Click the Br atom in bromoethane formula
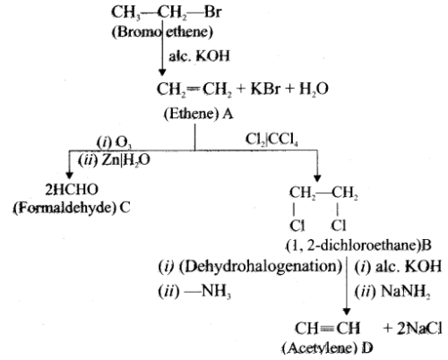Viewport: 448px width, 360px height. [212, 13]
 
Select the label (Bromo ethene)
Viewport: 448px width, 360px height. [162, 32]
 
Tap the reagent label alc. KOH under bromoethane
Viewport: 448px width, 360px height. [199, 56]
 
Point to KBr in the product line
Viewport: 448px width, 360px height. [265, 89]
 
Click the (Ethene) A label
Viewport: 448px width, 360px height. [198, 114]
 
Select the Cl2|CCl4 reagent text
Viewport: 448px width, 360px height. [271, 139]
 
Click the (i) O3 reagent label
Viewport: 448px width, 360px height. [114, 142]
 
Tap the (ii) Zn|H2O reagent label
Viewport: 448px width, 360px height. [114, 160]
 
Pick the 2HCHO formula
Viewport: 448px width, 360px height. [72, 190]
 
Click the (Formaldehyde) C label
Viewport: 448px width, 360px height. [72, 208]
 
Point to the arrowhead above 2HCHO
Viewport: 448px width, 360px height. [69, 176]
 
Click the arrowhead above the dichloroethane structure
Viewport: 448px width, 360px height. [317, 178]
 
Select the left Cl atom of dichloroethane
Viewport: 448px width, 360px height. [297, 226]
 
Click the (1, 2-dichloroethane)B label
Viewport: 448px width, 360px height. [358, 245]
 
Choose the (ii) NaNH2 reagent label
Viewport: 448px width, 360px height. [392, 291]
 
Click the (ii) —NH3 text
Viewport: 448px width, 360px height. [194, 291]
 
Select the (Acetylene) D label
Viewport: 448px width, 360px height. [327, 348]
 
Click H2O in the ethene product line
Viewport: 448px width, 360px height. [314, 89]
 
